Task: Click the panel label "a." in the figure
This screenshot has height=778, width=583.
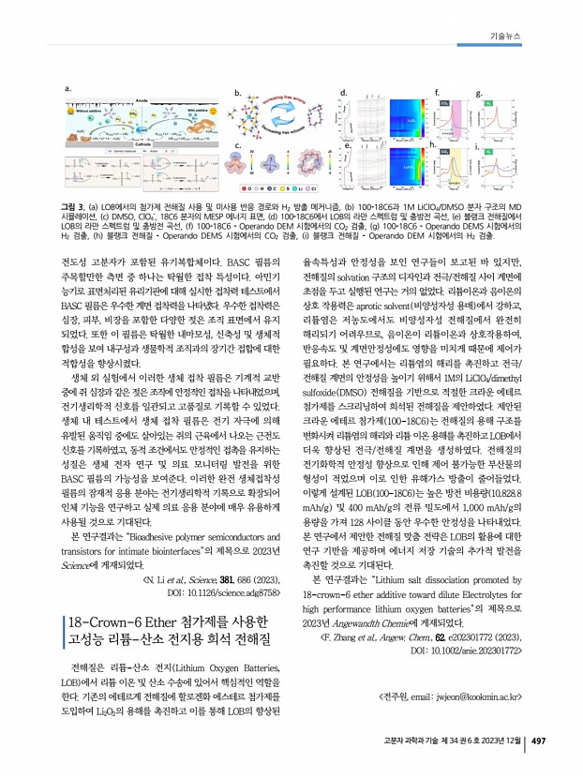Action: coord(66,88)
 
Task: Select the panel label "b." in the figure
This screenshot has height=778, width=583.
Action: coord(237,92)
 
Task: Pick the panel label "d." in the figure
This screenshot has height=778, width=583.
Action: coord(343,91)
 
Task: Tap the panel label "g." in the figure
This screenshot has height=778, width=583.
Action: coord(478,92)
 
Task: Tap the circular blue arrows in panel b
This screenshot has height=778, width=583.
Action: coord(285,120)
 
